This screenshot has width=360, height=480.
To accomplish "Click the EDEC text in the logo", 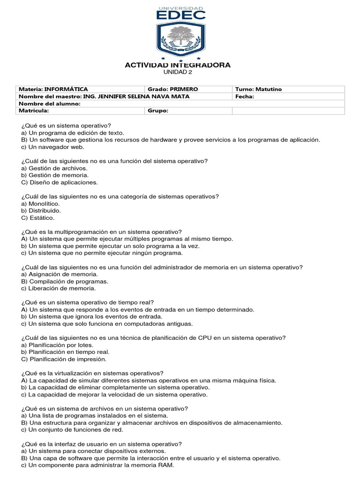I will pyautogui.click(x=180, y=15).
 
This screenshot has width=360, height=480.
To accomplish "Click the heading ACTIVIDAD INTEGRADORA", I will pyautogui.click(x=177, y=65).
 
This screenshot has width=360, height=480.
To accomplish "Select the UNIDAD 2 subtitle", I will pyautogui.click(x=177, y=72).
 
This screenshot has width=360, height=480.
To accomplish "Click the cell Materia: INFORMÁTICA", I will pyautogui.click(x=53, y=89).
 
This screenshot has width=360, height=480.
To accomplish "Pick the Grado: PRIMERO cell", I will pyautogui.click(x=173, y=89).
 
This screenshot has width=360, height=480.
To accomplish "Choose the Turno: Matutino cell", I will pyautogui.click(x=259, y=89).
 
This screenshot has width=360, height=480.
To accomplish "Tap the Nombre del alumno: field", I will pyautogui.click(x=49, y=104).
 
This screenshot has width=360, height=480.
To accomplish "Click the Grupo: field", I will pyautogui.click(x=158, y=111).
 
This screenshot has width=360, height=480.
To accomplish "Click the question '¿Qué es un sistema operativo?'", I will pyautogui.click(x=66, y=126).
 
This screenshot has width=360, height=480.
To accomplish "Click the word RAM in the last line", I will pyautogui.click(x=166, y=465).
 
